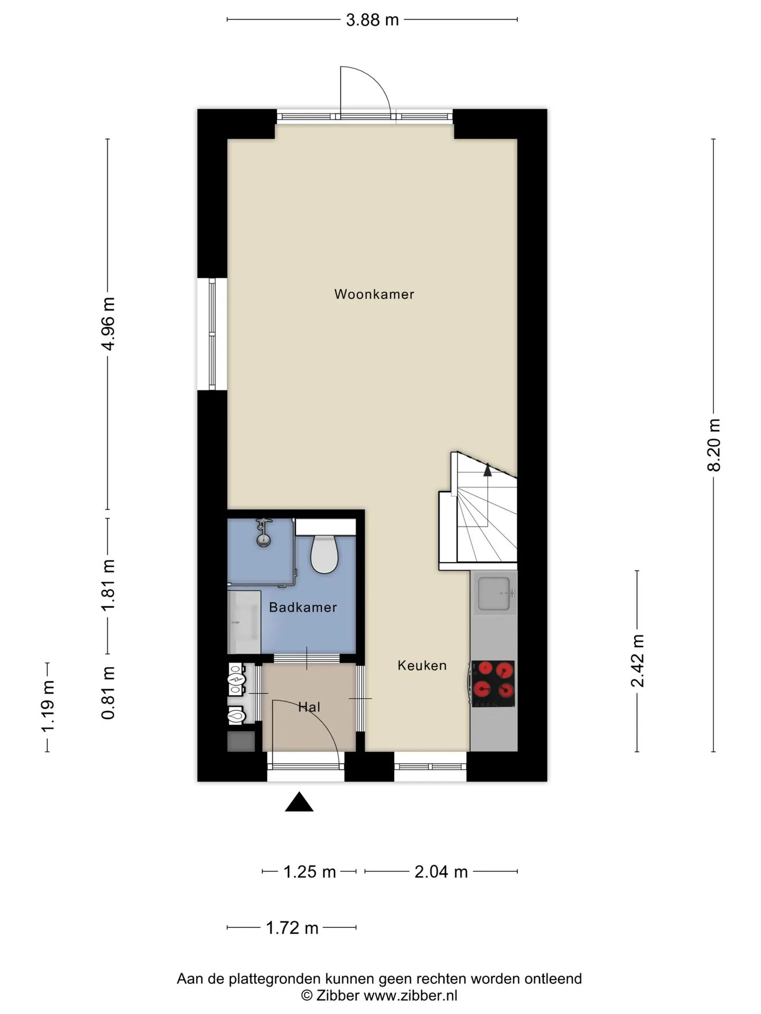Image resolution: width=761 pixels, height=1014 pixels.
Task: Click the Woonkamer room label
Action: [374, 294]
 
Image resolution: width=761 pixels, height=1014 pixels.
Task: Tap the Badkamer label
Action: [303, 607]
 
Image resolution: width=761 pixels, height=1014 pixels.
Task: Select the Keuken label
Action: [422, 665]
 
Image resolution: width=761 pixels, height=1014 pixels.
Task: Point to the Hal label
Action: [309, 707]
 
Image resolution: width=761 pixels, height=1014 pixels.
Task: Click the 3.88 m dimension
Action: [372, 20]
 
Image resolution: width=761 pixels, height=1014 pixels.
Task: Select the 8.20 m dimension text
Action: [714, 445]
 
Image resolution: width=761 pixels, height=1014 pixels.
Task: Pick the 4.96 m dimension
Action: [108, 324]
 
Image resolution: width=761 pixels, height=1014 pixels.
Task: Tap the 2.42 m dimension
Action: [638, 661]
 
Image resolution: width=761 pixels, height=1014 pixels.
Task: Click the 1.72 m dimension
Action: [292, 928]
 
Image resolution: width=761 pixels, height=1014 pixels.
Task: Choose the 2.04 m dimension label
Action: [441, 872]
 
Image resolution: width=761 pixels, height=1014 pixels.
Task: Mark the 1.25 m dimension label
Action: [310, 872]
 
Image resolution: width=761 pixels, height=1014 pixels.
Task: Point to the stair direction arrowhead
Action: [487, 470]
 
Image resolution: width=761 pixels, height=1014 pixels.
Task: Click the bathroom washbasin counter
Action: [244, 622]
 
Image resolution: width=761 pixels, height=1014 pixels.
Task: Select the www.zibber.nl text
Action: [410, 996]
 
